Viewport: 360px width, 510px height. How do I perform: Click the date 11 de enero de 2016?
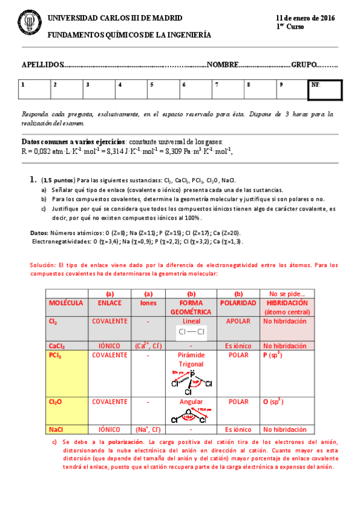tap(305, 19)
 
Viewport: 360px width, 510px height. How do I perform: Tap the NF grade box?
tap(325, 90)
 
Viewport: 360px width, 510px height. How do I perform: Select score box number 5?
tap(162, 89)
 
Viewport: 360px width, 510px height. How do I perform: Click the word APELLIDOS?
tap(42, 64)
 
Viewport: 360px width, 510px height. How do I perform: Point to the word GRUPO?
tap(304, 64)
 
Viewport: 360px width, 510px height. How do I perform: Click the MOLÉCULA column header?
tap(66, 303)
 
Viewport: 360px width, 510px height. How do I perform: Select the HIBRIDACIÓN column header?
tap(285, 303)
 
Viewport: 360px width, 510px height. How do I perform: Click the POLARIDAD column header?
tap(239, 303)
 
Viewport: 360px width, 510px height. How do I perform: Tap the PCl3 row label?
tap(55, 355)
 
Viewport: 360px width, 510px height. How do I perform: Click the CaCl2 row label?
tap(57, 346)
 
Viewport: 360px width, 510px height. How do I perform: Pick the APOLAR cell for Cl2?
tap(238, 321)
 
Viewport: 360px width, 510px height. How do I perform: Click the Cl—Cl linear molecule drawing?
tap(191, 332)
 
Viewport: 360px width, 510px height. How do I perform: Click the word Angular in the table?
tap(191, 401)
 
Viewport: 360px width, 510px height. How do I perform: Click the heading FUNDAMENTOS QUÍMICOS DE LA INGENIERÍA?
tap(129, 35)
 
